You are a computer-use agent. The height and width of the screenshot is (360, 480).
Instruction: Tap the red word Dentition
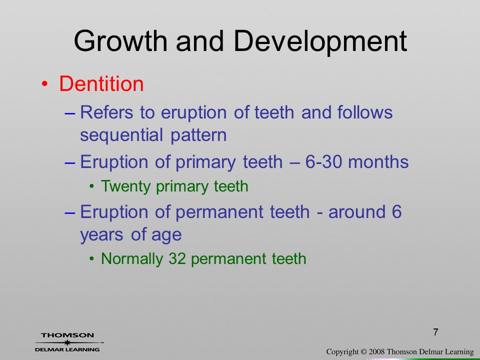101,83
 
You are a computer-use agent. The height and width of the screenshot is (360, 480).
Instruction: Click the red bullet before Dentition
44,84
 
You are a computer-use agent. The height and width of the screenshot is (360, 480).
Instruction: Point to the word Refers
106,112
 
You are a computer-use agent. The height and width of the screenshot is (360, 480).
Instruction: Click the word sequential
121,135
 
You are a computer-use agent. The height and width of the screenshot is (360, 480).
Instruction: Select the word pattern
198,135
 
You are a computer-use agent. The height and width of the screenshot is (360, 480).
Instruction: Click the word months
378,161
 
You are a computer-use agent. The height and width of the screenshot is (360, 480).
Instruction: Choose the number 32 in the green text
177,258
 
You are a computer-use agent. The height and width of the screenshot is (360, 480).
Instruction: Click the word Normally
131,259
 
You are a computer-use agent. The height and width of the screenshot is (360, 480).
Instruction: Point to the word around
356,212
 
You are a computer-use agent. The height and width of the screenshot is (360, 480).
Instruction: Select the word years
101,235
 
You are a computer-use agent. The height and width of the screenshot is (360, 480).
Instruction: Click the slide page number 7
435,332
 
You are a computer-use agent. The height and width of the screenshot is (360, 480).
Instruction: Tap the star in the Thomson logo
67,342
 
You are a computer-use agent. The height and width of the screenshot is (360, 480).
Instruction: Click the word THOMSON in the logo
67,335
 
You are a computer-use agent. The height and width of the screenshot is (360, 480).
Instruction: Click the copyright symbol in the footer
363,352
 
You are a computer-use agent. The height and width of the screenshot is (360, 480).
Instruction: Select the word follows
365,112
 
